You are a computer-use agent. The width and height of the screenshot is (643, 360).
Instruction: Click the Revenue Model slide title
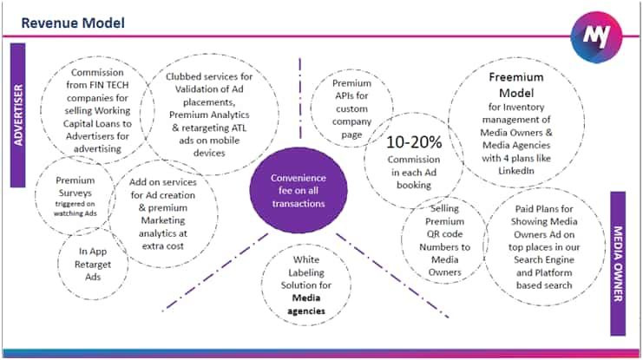coord(73,23)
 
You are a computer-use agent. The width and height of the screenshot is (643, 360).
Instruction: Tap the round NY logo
coord(596,37)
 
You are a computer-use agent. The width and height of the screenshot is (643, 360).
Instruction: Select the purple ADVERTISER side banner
coord(18,115)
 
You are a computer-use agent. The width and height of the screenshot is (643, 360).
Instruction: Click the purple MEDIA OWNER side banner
coord(618,264)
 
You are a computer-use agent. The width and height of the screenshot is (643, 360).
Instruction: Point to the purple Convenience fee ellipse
coord(299,191)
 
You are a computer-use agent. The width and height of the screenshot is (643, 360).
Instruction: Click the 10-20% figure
coord(414,142)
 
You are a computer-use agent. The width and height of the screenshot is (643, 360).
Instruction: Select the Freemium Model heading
coord(516,85)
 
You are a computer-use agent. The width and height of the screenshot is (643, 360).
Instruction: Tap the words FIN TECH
coord(108,85)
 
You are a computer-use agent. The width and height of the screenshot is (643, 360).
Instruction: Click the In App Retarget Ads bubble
coord(93,264)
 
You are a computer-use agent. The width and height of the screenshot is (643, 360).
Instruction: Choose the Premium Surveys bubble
coord(75,196)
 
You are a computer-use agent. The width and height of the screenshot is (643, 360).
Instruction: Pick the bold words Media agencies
coord(306,304)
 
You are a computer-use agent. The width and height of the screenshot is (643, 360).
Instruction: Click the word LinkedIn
coord(516,171)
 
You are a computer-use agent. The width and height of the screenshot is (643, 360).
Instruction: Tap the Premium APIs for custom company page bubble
coord(351,108)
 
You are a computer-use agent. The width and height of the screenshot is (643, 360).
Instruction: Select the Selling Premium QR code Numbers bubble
coord(444,240)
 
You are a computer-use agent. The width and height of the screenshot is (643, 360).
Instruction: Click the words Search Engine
coord(544,260)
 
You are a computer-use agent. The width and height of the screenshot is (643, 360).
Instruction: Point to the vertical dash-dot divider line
coord(300,98)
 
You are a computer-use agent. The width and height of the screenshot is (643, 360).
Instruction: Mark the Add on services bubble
coord(163,213)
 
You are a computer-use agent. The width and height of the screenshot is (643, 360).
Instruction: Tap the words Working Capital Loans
coord(97,117)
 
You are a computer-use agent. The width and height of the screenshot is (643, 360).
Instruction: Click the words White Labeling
coord(306,265)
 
